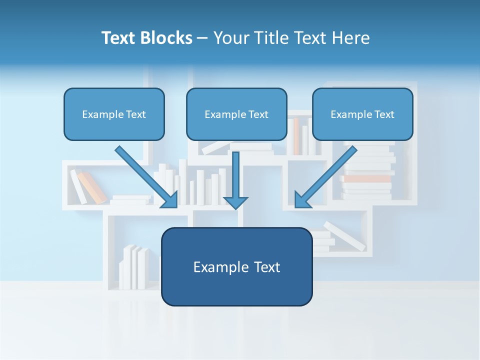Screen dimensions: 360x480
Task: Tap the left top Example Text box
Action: (x=114, y=114)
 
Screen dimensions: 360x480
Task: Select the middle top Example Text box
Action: (x=236, y=114)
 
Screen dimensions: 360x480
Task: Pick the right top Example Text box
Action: (x=362, y=114)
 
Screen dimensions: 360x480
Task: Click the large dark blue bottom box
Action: (x=236, y=266)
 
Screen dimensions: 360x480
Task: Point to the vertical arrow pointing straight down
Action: (x=235, y=175)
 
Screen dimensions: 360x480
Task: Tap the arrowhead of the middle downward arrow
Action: (x=235, y=202)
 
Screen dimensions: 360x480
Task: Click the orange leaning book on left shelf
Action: (x=92, y=187)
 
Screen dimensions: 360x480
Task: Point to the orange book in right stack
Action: (x=367, y=178)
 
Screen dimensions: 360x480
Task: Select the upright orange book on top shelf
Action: (x=296, y=136)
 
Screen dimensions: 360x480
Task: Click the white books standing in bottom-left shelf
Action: (x=133, y=267)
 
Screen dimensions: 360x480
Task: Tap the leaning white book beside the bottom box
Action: (x=345, y=236)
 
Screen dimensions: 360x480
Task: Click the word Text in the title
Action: (x=120, y=38)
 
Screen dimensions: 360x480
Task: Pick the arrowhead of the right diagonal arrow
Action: (x=301, y=200)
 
